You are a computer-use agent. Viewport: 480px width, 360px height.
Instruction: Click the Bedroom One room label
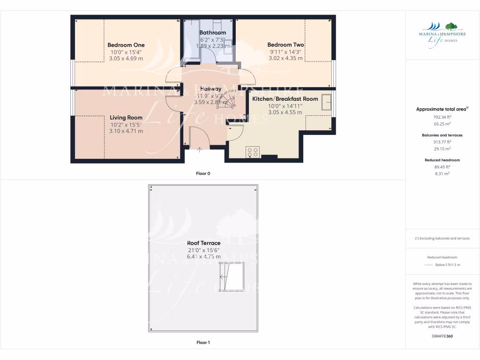coord(126,45)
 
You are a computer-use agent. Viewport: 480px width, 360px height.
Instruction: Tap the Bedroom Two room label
coord(285,45)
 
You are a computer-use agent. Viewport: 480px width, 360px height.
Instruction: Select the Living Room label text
coord(126,118)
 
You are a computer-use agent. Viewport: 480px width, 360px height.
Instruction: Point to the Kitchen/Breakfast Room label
coord(285,99)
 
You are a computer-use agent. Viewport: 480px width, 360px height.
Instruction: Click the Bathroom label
coord(212,33)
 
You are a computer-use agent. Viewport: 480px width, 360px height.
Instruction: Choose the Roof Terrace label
coord(203,243)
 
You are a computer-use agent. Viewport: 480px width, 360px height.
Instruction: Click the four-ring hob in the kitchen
coord(253,152)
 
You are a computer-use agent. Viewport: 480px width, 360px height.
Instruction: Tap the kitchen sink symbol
coord(326,102)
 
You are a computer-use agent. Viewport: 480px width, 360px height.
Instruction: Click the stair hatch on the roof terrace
coord(232,277)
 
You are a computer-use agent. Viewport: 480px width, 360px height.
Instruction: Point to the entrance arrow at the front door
coord(200,150)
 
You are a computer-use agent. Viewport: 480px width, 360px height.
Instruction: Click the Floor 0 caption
coord(203,173)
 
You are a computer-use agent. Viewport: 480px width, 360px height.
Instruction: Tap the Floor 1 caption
coord(203,343)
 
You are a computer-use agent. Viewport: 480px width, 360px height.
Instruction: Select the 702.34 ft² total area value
coord(442,117)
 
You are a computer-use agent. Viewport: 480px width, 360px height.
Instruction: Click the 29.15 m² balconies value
coord(442,149)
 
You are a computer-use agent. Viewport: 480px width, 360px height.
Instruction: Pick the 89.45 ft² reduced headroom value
coord(442,166)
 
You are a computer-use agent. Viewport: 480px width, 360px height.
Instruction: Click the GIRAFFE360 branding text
coord(442,336)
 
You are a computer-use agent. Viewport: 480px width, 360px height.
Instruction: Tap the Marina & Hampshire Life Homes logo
coord(442,32)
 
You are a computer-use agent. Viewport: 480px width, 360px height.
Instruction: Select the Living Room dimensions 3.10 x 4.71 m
coord(126,131)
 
